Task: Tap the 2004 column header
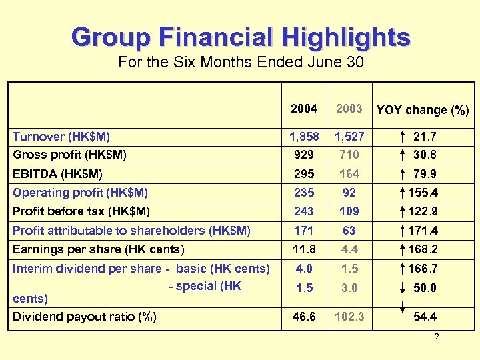click(x=304, y=109)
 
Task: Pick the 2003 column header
click(x=349, y=109)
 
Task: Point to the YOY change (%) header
click(x=423, y=110)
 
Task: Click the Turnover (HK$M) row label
click(x=61, y=137)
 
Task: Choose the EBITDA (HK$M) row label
click(x=58, y=173)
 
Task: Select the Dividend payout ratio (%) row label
click(x=85, y=317)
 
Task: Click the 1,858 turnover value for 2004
click(x=304, y=137)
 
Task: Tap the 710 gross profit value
click(x=349, y=155)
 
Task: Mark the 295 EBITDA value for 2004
click(x=304, y=173)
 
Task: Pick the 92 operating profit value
click(x=349, y=193)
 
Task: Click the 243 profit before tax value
click(x=304, y=211)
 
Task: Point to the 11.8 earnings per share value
click(x=304, y=249)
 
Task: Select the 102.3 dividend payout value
click(x=349, y=317)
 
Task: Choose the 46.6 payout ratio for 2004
click(x=304, y=317)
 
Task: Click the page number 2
click(x=437, y=337)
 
